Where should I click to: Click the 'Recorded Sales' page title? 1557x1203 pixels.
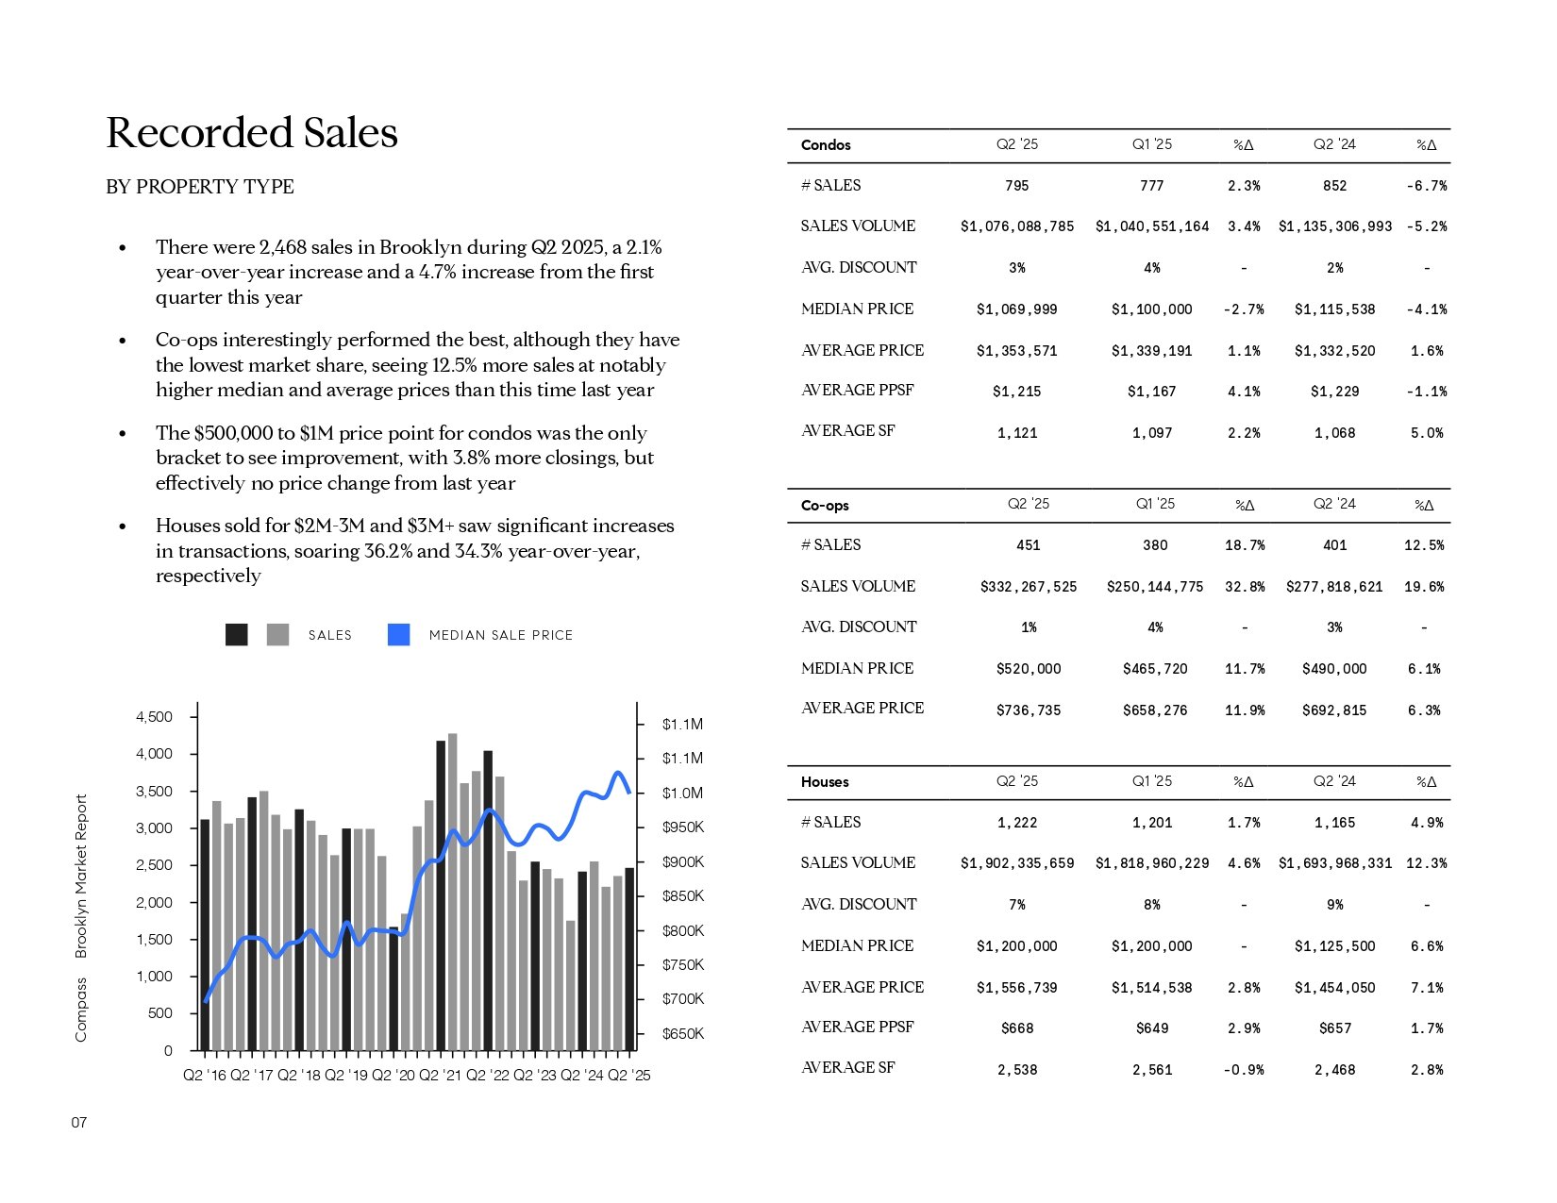click(252, 132)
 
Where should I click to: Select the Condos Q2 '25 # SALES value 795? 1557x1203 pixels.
click(1016, 186)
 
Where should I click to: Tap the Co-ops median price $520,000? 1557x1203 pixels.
click(1029, 669)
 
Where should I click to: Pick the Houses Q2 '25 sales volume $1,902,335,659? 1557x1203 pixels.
click(1016, 863)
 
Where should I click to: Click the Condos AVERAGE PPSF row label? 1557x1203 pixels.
click(857, 390)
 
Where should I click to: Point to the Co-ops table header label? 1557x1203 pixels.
click(824, 505)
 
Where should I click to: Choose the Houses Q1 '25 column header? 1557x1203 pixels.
click(1151, 781)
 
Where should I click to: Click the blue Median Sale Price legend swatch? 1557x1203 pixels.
click(398, 635)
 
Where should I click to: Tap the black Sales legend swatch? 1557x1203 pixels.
click(237, 635)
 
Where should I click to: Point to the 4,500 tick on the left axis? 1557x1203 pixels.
click(154, 716)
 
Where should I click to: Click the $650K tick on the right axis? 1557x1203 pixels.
click(683, 1033)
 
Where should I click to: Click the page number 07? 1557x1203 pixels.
click(79, 1122)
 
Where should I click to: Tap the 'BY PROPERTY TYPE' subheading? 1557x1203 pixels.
click(200, 186)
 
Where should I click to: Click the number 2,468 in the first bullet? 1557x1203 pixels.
click(282, 247)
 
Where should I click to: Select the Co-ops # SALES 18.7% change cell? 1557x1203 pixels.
click(1245, 545)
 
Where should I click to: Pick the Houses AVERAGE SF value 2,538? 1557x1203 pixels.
click(1016, 1070)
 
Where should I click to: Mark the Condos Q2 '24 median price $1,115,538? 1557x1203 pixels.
click(1334, 309)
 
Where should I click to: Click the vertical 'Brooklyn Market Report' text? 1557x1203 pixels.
click(80, 876)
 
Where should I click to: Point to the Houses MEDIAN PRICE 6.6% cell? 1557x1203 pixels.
click(1427, 945)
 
